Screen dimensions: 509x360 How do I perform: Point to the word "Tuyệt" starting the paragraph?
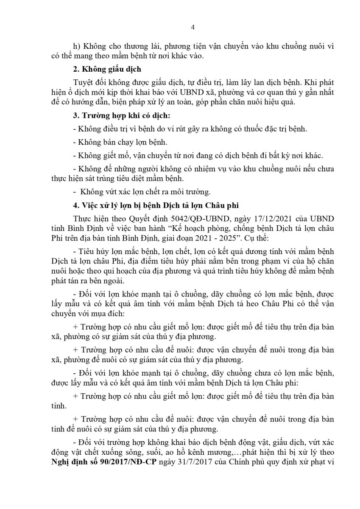(x=83, y=81)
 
